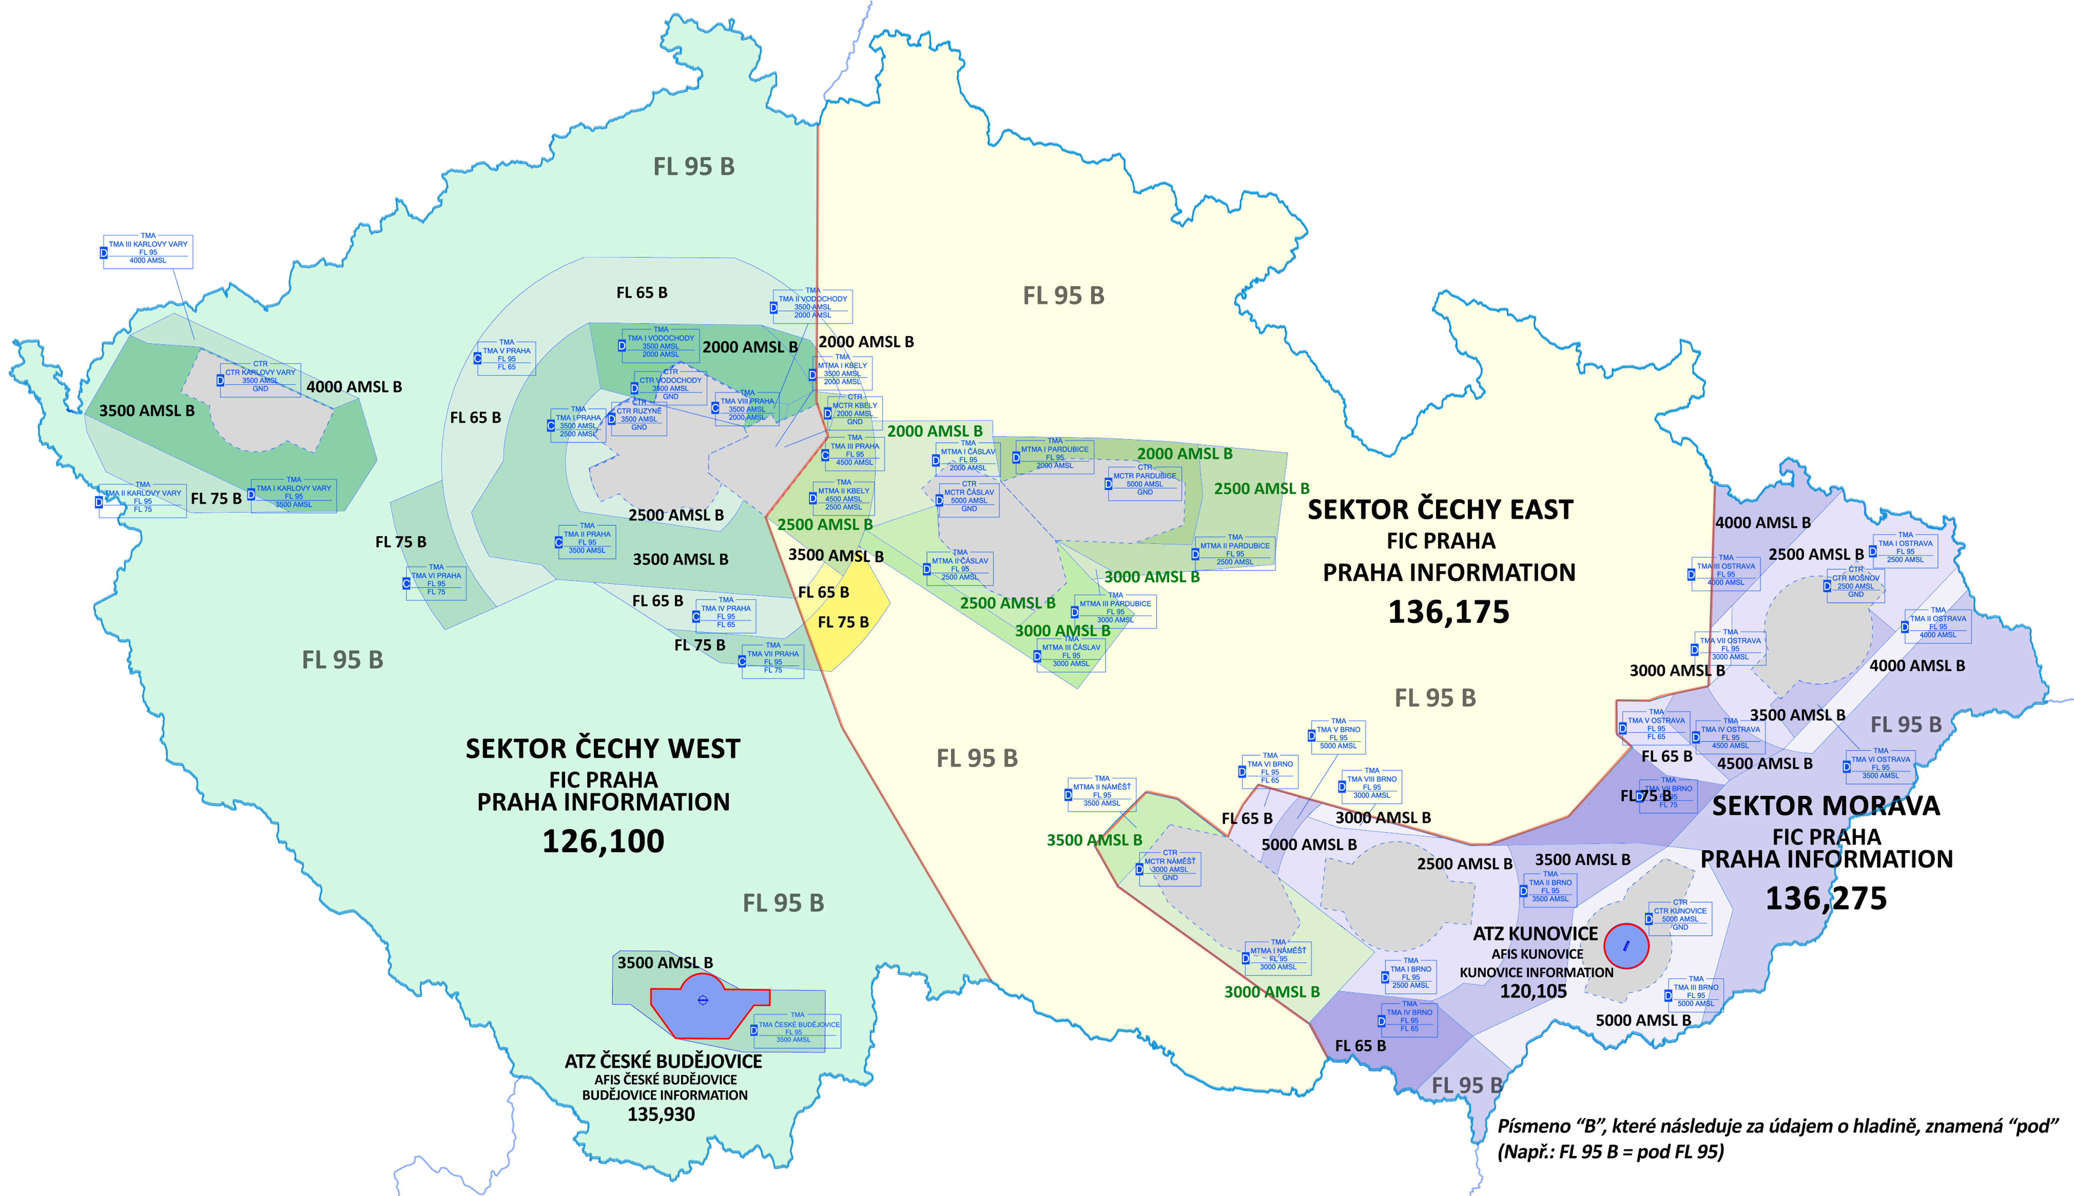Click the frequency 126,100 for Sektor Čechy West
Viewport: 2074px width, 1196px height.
coord(603,841)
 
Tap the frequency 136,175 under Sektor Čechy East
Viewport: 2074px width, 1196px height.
coord(1449,612)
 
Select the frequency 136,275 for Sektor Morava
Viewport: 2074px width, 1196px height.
coord(1826,899)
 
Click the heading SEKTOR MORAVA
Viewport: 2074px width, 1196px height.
coord(1826,806)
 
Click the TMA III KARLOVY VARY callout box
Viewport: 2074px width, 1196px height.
coord(148,251)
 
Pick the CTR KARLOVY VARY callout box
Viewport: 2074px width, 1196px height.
coord(260,380)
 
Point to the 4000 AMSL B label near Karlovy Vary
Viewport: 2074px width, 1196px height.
coord(354,387)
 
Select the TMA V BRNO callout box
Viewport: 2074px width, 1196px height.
coord(1338,737)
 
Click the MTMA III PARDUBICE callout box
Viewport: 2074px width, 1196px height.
coord(1115,611)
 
